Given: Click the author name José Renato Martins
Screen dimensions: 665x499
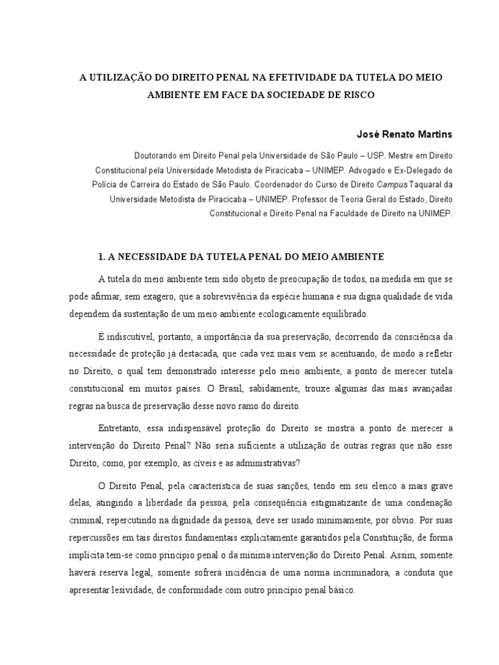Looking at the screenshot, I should tap(405, 134).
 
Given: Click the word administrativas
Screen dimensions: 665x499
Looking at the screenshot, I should tap(266, 463).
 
